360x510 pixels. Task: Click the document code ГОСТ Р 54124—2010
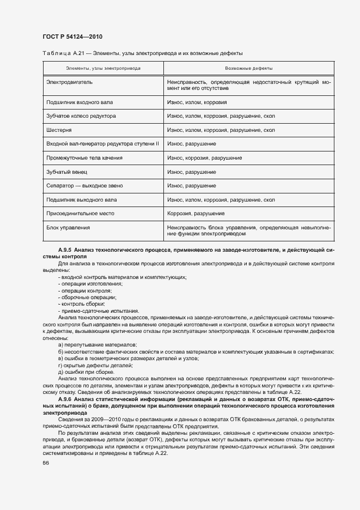point(72,37)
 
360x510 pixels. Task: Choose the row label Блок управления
point(68,227)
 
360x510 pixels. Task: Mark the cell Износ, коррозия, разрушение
point(204,157)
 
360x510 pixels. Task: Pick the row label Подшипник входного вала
point(79,102)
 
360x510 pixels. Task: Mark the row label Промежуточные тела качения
point(84,157)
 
